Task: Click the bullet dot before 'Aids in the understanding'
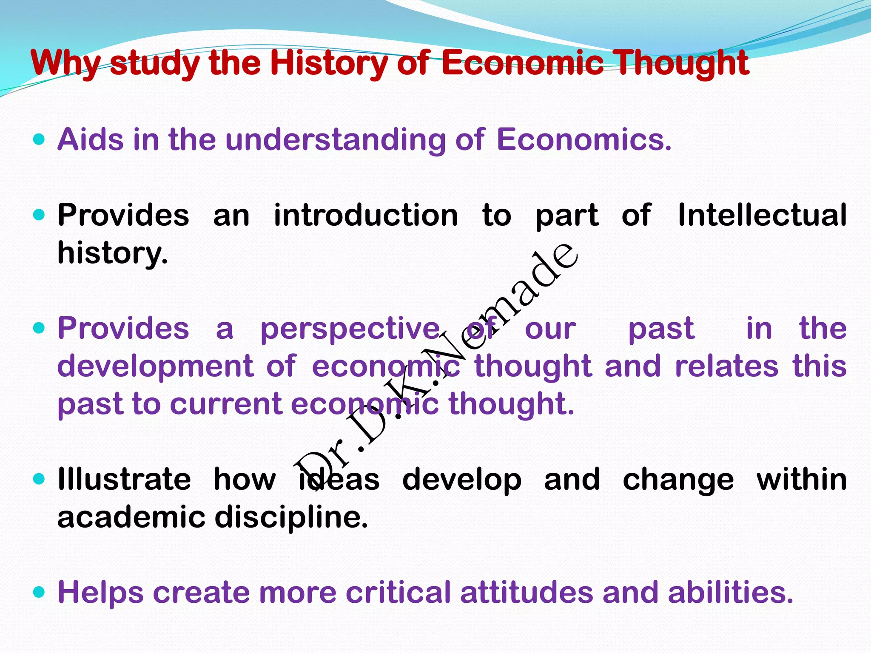[39, 139]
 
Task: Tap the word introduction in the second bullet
[365, 215]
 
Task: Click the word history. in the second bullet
[113, 253]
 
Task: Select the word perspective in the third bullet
[350, 329]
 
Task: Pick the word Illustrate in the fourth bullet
[124, 479]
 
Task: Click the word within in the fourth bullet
[801, 479]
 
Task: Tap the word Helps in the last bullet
[100, 592]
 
